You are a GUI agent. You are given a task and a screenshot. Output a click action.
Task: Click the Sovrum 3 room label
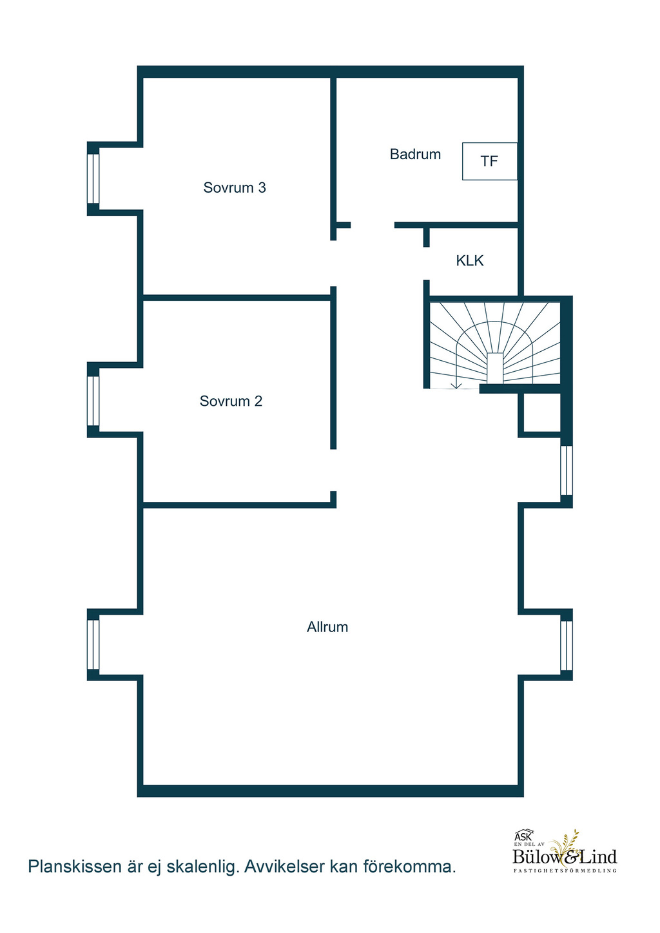pyautogui.click(x=234, y=188)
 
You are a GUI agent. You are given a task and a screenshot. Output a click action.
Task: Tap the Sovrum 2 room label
pyautogui.click(x=231, y=401)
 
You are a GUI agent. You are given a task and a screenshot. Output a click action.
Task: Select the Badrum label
pyautogui.click(x=415, y=154)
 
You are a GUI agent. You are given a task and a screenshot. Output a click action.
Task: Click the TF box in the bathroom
pyautogui.click(x=490, y=161)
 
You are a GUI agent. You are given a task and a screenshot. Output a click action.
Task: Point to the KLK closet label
pyautogui.click(x=470, y=261)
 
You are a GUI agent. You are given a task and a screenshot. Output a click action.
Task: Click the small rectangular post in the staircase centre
pyautogui.click(x=496, y=368)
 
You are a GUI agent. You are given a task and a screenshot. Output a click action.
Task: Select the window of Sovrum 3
pyautogui.click(x=93, y=178)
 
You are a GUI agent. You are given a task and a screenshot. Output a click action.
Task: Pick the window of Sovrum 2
pyautogui.click(x=93, y=401)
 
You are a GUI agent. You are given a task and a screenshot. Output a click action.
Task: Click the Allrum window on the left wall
pyautogui.click(x=93, y=644)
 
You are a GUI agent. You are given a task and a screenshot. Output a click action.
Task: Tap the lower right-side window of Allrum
pyautogui.click(x=567, y=645)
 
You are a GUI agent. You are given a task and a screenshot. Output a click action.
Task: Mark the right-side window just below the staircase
pyautogui.click(x=567, y=470)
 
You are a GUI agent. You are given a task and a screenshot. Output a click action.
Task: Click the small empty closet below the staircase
pyautogui.click(x=541, y=413)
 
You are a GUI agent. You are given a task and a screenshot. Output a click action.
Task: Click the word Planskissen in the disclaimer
pyautogui.click(x=75, y=867)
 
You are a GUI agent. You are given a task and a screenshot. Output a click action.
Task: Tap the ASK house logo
pyautogui.click(x=524, y=835)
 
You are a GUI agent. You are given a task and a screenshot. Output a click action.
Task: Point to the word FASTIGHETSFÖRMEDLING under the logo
pyautogui.click(x=565, y=870)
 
